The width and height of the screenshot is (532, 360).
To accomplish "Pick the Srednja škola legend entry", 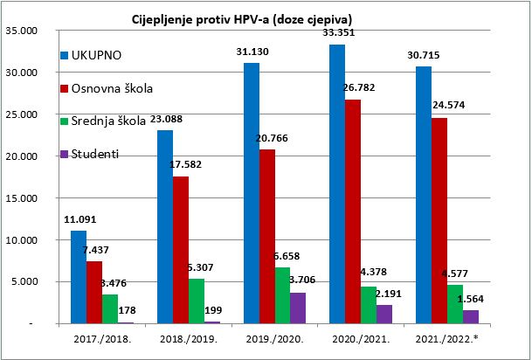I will pyautogui.click(x=110, y=120).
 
